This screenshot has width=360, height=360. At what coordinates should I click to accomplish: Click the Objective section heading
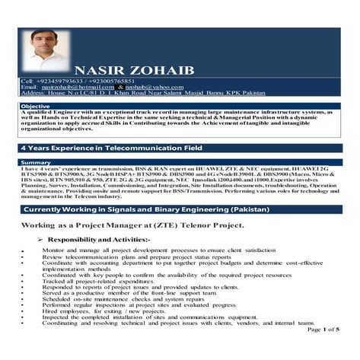pos(35,106)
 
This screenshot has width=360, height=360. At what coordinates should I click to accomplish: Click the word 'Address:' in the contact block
pos(32,94)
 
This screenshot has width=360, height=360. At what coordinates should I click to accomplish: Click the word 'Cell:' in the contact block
pos(27,81)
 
